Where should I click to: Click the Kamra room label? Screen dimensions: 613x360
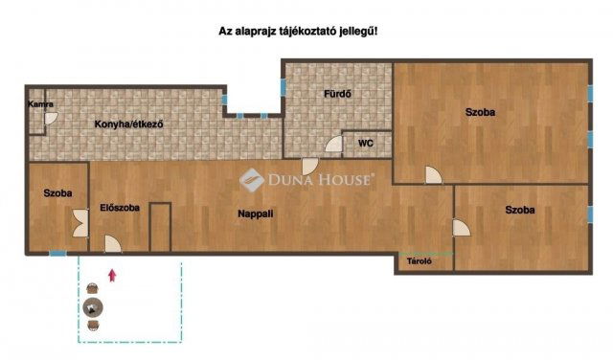(x=40, y=104)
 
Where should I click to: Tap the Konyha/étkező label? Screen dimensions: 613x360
(x=128, y=124)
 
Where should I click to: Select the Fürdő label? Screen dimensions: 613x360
(x=337, y=94)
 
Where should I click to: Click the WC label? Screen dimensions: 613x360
(x=366, y=144)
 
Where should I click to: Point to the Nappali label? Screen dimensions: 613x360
(x=256, y=214)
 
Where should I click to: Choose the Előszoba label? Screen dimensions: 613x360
(x=120, y=208)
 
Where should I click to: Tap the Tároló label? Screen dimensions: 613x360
(x=420, y=261)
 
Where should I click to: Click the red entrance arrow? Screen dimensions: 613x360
(x=112, y=275)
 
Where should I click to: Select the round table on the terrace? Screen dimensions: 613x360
(x=93, y=307)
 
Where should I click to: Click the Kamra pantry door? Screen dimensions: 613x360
(x=51, y=119)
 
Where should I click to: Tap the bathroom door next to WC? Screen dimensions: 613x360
(x=334, y=144)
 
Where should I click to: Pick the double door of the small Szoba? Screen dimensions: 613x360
(x=80, y=223)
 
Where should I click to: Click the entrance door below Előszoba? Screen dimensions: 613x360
(x=113, y=244)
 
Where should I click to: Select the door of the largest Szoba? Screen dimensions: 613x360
(x=434, y=174)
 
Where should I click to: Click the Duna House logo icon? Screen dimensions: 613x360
(x=252, y=180)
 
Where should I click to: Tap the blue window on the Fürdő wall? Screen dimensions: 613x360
(x=284, y=87)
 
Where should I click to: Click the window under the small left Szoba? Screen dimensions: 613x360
(x=57, y=254)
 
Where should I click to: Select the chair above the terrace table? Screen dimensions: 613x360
(x=93, y=288)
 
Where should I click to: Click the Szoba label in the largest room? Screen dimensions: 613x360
(x=480, y=112)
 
